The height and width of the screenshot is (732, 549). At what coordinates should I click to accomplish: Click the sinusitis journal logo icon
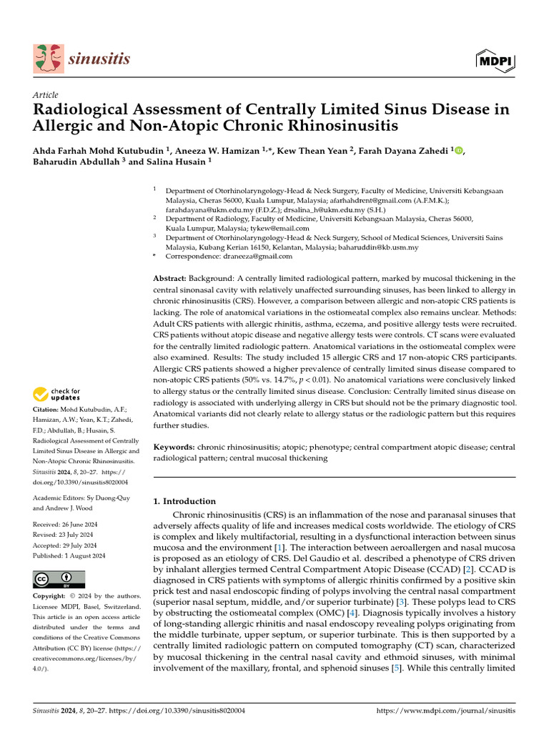coord(47,59)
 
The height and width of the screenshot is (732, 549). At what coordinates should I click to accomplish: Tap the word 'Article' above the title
coord(46,95)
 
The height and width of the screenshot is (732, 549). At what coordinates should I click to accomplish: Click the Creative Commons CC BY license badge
coord(59,579)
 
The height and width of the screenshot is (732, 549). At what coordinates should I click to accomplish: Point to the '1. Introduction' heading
coord(184,501)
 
